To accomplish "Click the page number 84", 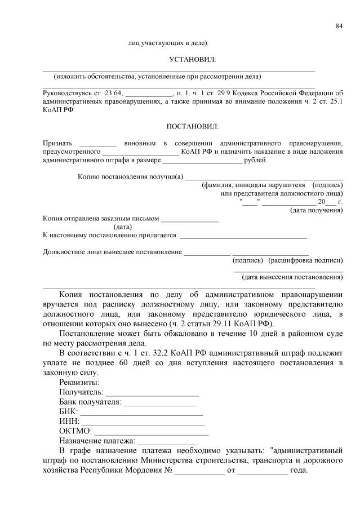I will click(339, 26).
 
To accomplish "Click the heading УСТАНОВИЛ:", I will click(192, 59).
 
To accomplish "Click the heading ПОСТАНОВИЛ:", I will click(192, 127).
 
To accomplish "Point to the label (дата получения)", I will click(316, 210).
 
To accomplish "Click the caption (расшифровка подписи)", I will click(306, 260).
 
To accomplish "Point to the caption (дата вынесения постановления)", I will click(292, 277).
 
